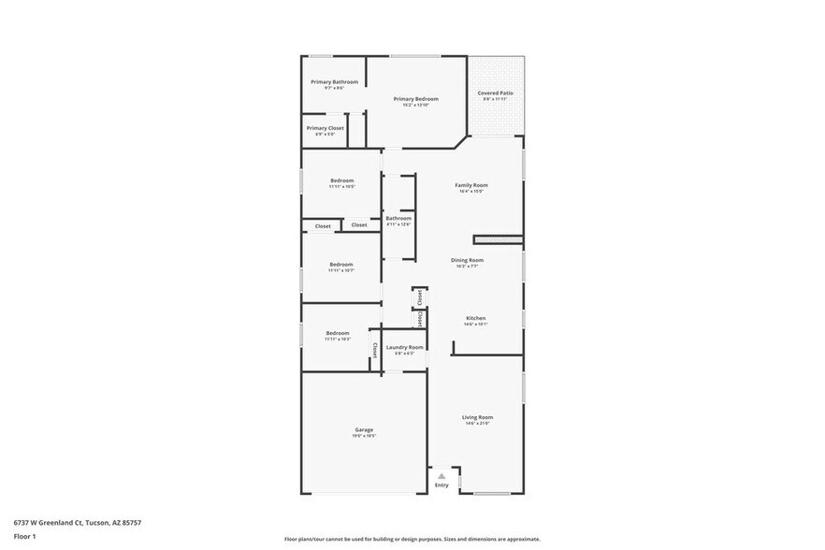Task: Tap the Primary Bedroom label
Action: (415, 98)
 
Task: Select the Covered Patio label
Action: (495, 93)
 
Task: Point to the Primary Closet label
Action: (325, 127)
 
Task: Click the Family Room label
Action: (471, 185)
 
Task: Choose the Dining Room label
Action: (468, 260)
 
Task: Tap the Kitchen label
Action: (476, 318)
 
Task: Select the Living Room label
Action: (477, 417)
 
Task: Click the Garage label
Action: (364, 429)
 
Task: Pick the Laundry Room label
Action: (404, 347)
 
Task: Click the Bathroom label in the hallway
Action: (398, 218)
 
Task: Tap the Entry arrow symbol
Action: (441, 476)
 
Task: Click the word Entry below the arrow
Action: (441, 485)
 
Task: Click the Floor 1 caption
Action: (24, 537)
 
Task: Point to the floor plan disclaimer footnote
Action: (412, 540)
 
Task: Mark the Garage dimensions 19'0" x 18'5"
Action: (364, 436)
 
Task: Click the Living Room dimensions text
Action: (477, 424)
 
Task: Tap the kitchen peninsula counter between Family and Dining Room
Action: (497, 239)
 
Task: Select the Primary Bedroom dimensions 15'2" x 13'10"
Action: (415, 105)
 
